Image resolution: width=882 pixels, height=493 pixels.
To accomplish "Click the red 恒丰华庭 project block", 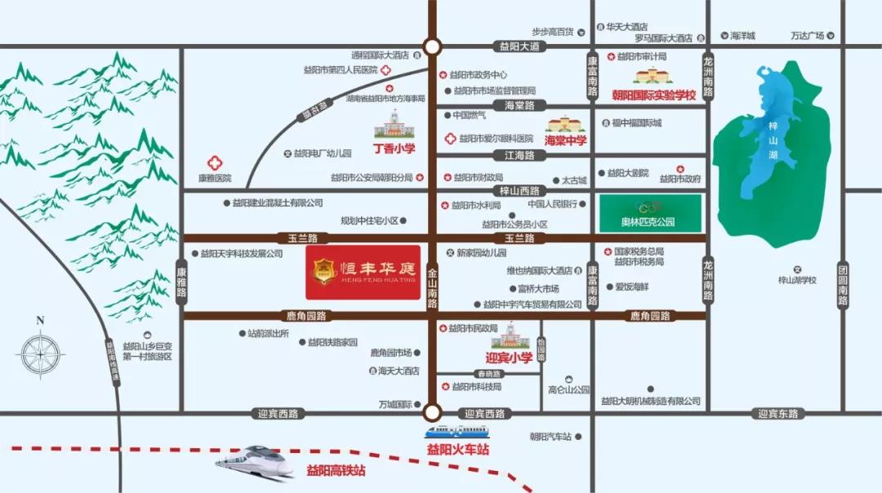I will coord(363,271).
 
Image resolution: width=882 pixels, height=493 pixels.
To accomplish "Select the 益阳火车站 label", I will coord(457,449).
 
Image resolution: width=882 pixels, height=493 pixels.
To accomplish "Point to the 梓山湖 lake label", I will coord(773,140).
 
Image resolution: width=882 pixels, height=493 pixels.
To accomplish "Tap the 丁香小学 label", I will coord(394,149).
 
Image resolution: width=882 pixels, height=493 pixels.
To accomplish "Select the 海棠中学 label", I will coord(566,140).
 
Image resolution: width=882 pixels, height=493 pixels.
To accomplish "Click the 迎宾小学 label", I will coord(509,357).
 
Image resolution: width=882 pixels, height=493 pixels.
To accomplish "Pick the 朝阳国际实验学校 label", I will coord(653,95).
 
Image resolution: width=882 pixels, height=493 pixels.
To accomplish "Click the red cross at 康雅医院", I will coord(215,162).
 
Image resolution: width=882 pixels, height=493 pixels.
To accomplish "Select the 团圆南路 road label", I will coord(843,285).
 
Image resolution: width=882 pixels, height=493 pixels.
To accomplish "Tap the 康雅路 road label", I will coord(181,281).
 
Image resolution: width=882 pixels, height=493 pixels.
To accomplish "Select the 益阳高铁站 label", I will coord(336,470).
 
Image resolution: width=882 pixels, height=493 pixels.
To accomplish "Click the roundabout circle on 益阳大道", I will coord(432,47).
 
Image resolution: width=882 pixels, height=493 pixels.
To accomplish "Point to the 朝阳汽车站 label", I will coord(549,437).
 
